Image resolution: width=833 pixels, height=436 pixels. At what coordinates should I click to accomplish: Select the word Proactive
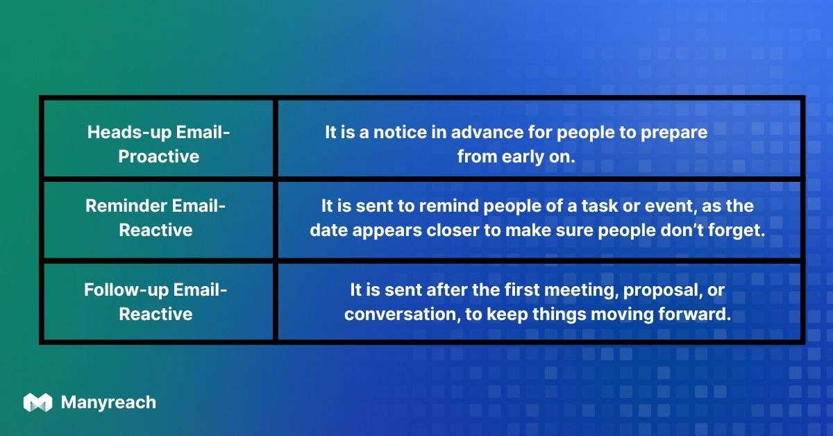[x=158, y=157]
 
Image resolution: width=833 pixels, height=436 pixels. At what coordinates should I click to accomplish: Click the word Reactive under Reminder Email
[x=155, y=230]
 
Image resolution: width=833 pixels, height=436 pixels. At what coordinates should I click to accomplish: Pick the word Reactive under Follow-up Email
[x=155, y=314]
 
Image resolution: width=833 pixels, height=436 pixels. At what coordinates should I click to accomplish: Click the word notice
[x=397, y=133]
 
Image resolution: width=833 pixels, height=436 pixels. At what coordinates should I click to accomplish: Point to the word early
[x=526, y=157]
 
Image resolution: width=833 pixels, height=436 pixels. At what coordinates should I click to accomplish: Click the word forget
[x=739, y=230]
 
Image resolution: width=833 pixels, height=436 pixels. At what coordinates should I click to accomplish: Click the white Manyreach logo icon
[x=37, y=403]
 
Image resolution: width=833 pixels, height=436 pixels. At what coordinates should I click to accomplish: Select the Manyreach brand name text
[x=108, y=403]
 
